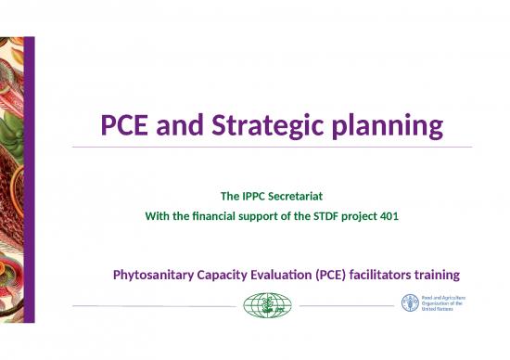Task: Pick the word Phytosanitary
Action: coord(154,276)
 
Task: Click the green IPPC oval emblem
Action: coord(267,304)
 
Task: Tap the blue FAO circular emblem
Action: coord(410,303)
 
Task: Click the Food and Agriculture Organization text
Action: coord(445,303)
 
